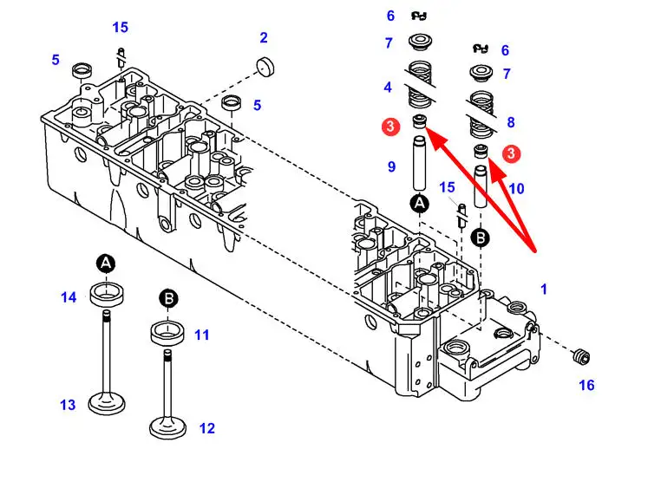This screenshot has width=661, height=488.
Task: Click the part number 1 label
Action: click(x=544, y=290)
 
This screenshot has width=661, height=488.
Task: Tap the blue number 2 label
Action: click(x=264, y=37)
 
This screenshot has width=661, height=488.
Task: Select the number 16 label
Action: click(x=586, y=385)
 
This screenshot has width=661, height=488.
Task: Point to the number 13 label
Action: click(x=68, y=405)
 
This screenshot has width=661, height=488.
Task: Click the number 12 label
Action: click(x=206, y=427)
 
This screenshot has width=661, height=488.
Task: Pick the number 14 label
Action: click(x=69, y=297)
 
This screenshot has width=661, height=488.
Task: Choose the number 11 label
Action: click(x=202, y=334)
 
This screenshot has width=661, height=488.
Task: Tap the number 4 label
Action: click(x=389, y=87)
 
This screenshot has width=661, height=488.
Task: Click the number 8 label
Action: click(x=511, y=122)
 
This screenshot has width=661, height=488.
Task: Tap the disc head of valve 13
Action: click(x=108, y=403)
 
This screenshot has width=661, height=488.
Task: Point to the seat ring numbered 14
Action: click(x=106, y=294)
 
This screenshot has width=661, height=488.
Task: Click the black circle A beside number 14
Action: click(x=106, y=263)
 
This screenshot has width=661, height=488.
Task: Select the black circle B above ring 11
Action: click(x=168, y=300)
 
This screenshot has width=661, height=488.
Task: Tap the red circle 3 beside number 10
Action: click(x=512, y=153)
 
